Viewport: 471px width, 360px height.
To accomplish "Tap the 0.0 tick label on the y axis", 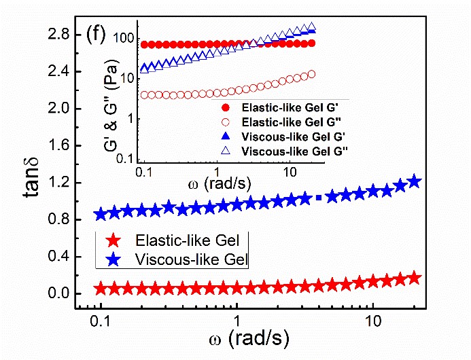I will click(x=50, y=294).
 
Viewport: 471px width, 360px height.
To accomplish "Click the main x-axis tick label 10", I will click(x=371, y=320).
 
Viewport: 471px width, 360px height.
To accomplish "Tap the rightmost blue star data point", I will click(x=414, y=181).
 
